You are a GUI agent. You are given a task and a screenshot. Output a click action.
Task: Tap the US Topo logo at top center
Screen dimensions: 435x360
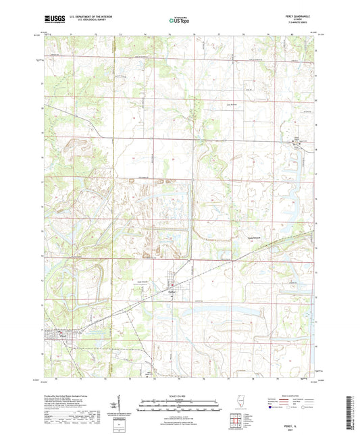click(179, 21)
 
